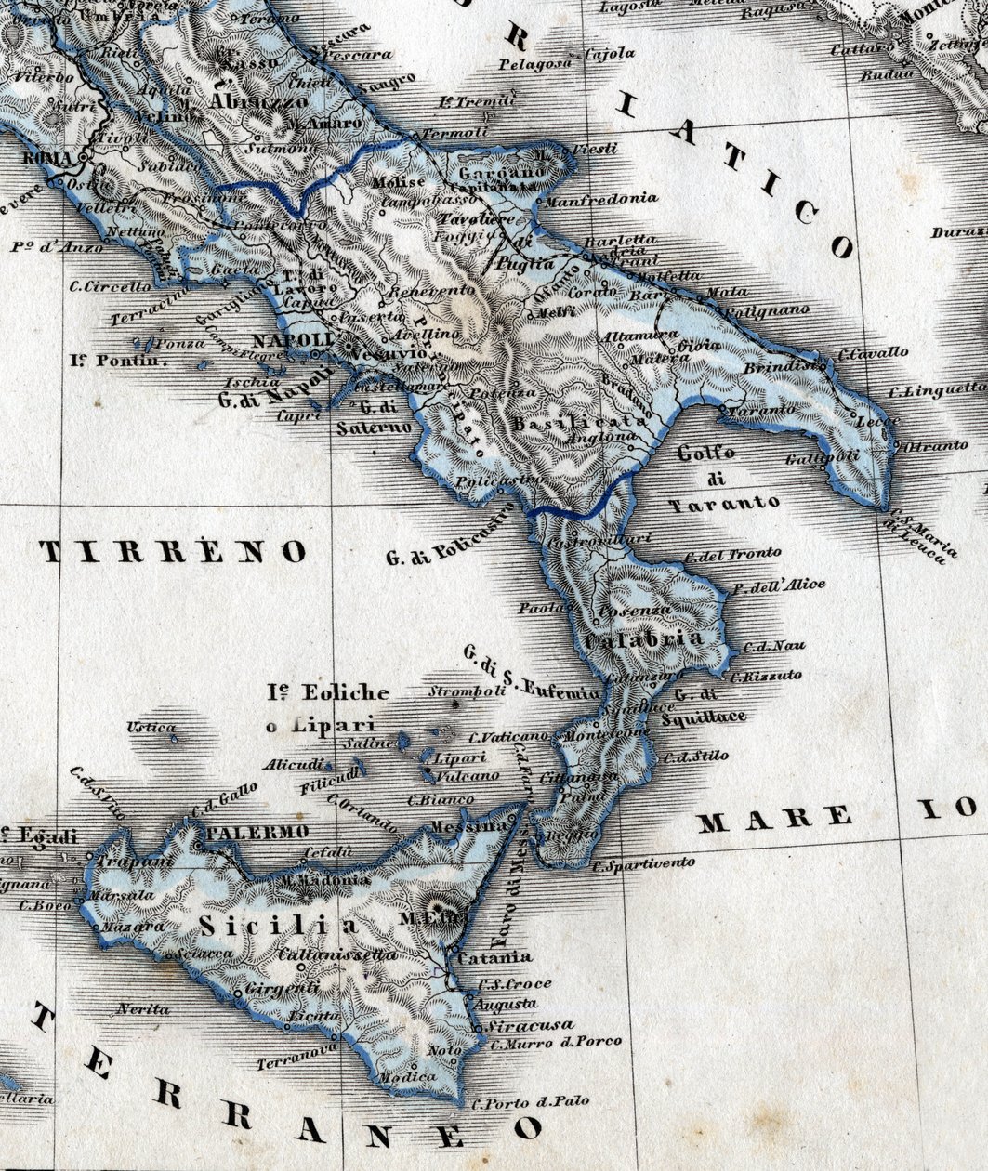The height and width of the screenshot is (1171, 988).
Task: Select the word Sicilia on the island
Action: [278, 926]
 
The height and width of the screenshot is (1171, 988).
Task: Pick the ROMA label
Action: [47, 159]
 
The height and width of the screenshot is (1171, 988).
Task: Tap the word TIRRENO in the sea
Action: [175, 552]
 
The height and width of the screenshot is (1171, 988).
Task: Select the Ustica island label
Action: [151, 727]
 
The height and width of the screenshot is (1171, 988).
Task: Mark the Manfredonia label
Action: [600, 198]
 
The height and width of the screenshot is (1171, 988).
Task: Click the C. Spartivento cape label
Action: [644, 864]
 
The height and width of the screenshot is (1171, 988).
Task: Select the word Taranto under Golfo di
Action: [724, 502]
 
